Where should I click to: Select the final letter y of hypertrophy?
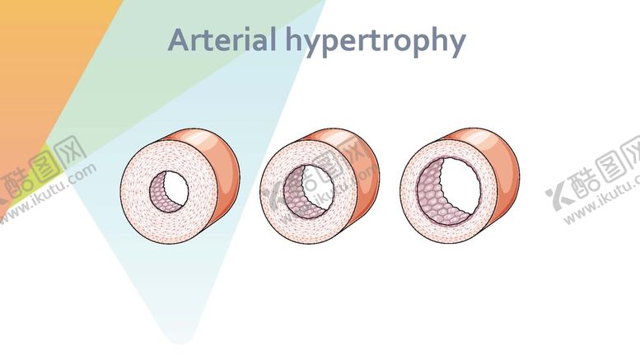click(x=457, y=43)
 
